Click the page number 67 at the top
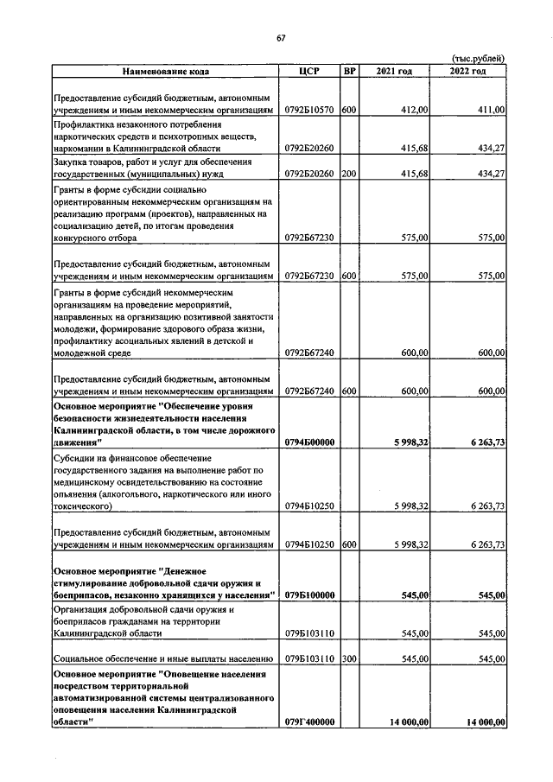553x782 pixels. [x=281, y=37]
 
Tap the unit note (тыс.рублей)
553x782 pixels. [x=478, y=59]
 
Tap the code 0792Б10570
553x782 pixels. [x=309, y=110]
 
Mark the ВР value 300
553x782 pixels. [x=349, y=658]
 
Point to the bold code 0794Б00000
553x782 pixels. [x=309, y=442]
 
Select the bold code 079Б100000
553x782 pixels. [x=309, y=595]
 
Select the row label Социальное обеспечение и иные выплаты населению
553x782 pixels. [x=164, y=658]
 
